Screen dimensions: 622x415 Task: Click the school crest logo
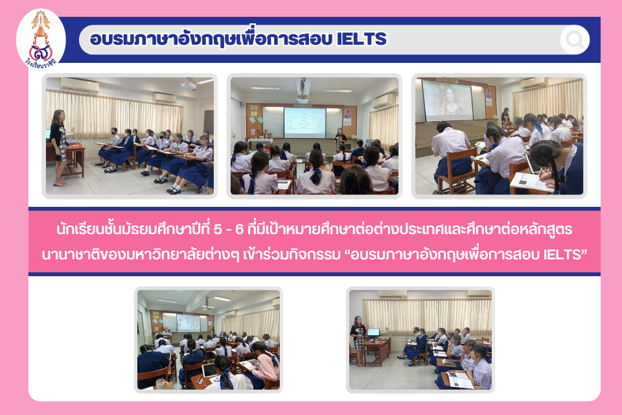(41, 40)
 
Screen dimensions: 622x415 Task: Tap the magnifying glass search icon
(575, 40)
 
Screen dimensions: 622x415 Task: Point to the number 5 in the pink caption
(217, 229)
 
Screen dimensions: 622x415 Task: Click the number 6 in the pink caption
(239, 229)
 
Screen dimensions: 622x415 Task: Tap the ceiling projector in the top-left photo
(188, 85)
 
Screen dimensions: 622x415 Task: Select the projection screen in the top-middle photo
(305, 123)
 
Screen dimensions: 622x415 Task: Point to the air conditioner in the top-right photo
(533, 83)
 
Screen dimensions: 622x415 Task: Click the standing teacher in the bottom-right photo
(358, 340)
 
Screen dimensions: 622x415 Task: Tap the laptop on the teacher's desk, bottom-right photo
(373, 333)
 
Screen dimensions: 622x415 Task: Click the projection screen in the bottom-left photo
(189, 322)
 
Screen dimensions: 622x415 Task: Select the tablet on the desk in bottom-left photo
(209, 371)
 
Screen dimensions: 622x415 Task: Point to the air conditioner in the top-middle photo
(384, 102)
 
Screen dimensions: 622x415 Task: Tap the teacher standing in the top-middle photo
(340, 139)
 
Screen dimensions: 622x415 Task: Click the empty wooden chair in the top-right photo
(457, 172)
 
